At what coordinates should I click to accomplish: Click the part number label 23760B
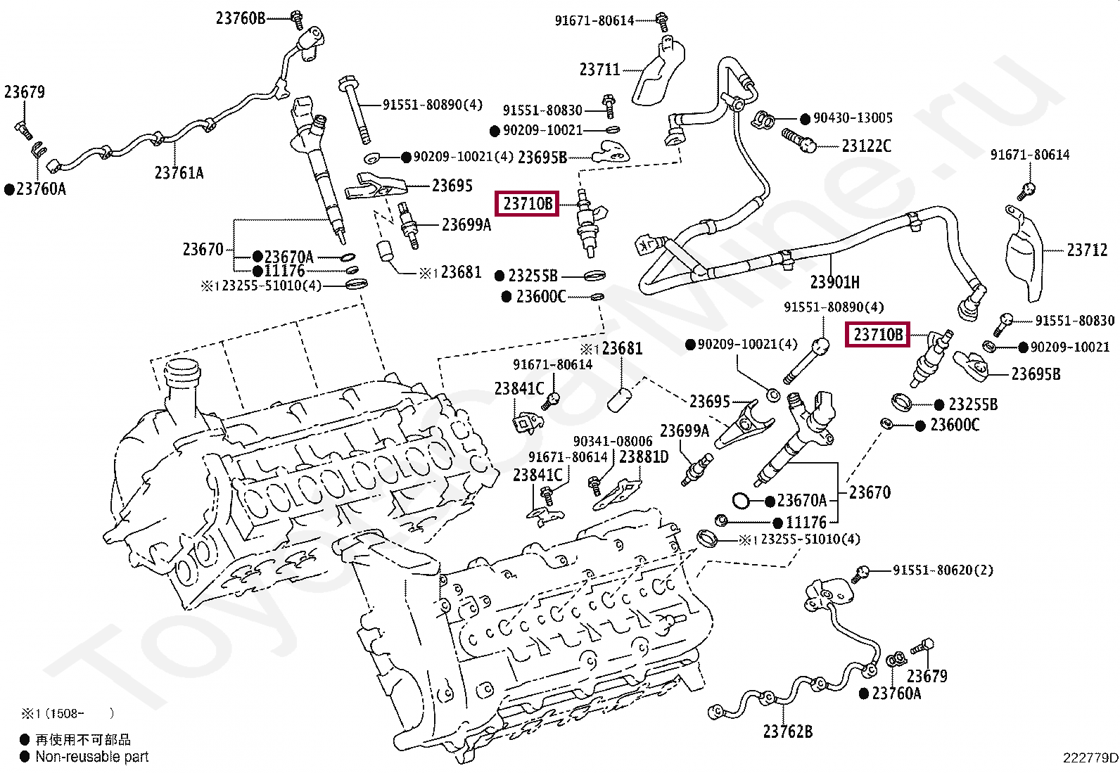241,18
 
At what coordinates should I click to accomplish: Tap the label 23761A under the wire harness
179,173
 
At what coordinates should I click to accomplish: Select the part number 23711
599,70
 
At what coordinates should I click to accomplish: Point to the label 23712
1087,250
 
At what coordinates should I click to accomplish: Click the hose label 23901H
835,282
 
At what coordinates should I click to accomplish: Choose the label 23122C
867,146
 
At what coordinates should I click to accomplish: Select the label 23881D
644,456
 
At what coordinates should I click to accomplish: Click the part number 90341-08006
613,441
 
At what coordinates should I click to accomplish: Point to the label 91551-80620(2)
943,570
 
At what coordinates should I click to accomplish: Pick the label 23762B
787,732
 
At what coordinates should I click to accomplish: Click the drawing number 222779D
1090,758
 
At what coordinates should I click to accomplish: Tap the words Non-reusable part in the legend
92,757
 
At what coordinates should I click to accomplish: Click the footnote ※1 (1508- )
68,713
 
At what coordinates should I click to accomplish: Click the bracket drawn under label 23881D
616,495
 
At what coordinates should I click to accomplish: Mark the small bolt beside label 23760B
297,20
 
